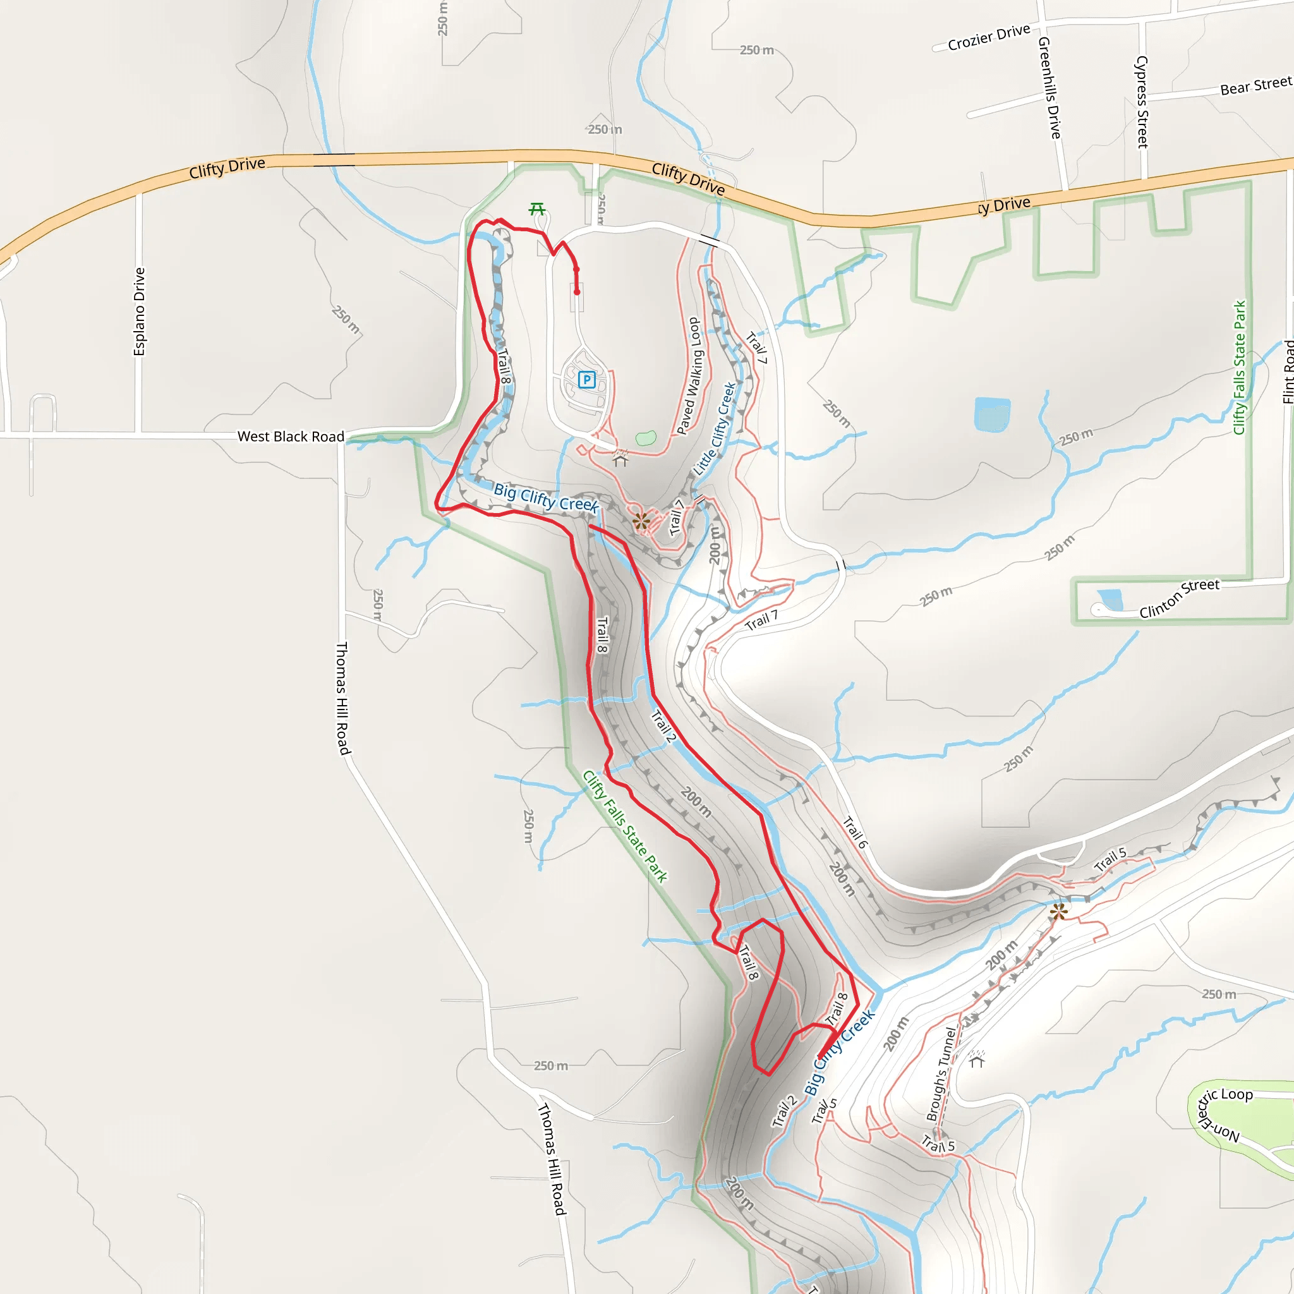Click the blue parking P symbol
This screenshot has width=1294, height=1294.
click(x=587, y=380)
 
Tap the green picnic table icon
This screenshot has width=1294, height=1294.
click(x=536, y=210)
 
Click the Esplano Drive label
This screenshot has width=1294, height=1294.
click(x=139, y=311)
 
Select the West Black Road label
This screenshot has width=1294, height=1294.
click(x=291, y=437)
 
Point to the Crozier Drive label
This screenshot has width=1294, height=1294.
click(x=989, y=37)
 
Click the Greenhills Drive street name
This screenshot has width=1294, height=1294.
click(x=1049, y=88)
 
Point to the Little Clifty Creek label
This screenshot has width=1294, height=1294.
click(x=715, y=428)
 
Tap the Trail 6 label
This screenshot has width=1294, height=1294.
click(x=855, y=833)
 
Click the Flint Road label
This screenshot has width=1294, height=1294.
click(x=1287, y=372)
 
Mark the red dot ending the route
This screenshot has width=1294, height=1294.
click(x=577, y=292)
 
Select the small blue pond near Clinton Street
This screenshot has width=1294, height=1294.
click(x=1111, y=599)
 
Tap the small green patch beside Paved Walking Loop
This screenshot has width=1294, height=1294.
click(x=646, y=438)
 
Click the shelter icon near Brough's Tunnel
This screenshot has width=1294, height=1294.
click(x=977, y=1060)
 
